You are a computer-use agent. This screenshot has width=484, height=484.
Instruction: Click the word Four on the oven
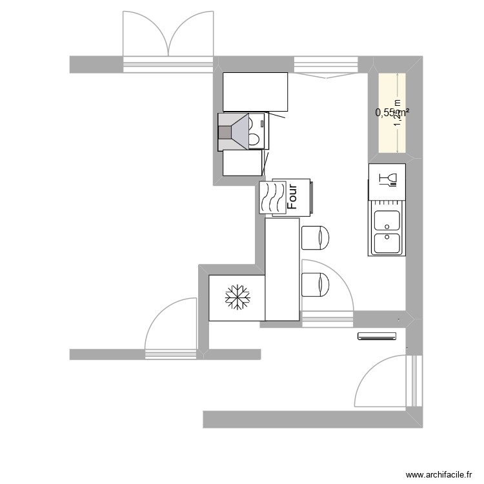pyautogui.click(x=292, y=197)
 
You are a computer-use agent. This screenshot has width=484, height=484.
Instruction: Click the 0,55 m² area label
pyautogui.click(x=392, y=112)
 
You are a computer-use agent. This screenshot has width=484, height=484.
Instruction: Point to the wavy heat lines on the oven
pyautogui.click(x=272, y=197)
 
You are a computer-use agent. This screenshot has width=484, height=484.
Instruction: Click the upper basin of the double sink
pyautogui.click(x=387, y=221)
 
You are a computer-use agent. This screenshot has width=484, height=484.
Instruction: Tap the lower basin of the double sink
pyautogui.click(x=387, y=243)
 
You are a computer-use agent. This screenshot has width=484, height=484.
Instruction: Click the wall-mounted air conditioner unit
pyautogui.click(x=377, y=336)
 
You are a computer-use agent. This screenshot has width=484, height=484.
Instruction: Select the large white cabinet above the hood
pyautogui.click(x=255, y=92)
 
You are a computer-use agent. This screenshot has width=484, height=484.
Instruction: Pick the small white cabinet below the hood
pyautogui.click(x=243, y=163)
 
